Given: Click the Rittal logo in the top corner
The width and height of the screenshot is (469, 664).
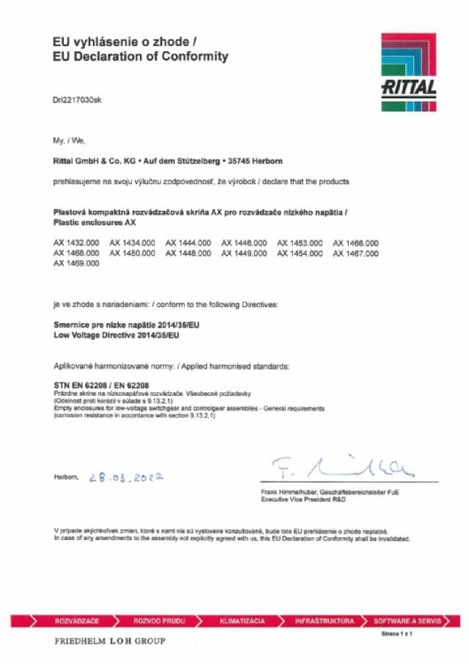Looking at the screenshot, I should coord(409,73).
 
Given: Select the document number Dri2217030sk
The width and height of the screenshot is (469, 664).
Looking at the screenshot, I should coord(78,100).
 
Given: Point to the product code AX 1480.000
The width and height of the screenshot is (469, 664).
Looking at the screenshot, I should coord(132,253).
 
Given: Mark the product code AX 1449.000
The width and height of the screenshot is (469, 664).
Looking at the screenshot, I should coord(244,253).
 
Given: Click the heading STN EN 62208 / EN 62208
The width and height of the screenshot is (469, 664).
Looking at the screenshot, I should coord(102,385).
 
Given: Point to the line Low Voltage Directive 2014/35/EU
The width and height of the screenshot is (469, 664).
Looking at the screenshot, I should coord(117,336).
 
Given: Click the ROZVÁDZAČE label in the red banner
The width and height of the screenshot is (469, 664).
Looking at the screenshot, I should coord(77,621).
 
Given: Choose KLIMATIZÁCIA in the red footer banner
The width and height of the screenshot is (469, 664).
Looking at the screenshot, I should coord(242,621).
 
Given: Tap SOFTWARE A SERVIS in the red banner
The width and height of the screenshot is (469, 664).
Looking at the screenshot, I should coord(407,621).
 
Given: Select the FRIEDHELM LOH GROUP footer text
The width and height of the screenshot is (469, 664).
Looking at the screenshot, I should coord(110,641).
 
